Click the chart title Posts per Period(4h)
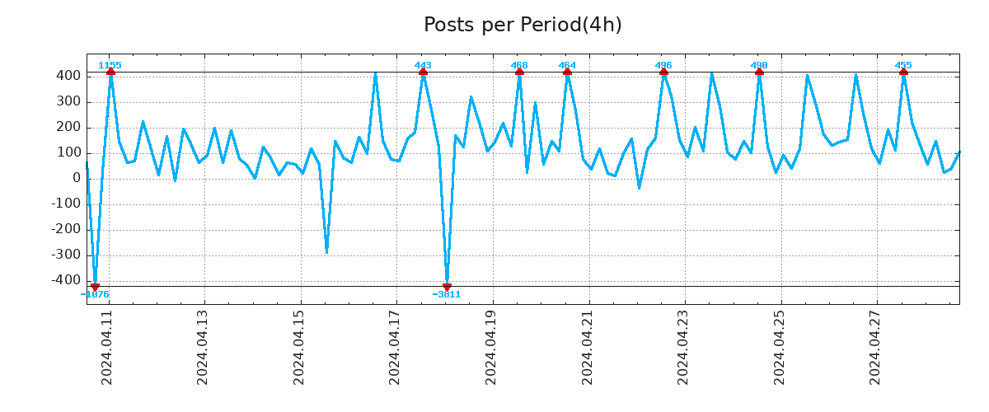point(523,25)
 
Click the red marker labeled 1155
point(110,73)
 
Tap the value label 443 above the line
point(423,65)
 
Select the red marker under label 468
point(519,73)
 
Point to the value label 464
point(567,65)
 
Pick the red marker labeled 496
point(663,73)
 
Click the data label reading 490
point(759,65)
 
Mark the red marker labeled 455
point(903,73)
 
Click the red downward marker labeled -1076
point(95,287)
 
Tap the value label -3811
point(447,294)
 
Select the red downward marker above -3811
point(447,287)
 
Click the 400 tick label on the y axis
point(68,76)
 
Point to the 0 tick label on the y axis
point(76,179)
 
